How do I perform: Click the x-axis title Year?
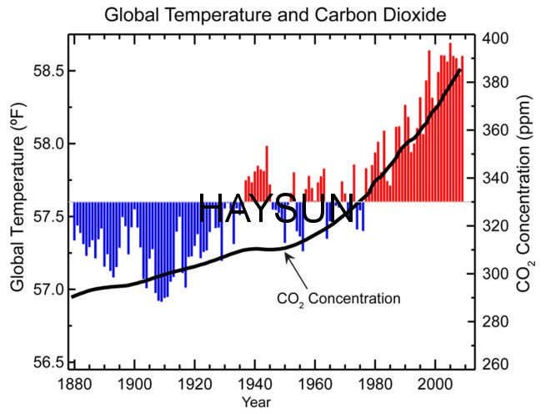[273, 402]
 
